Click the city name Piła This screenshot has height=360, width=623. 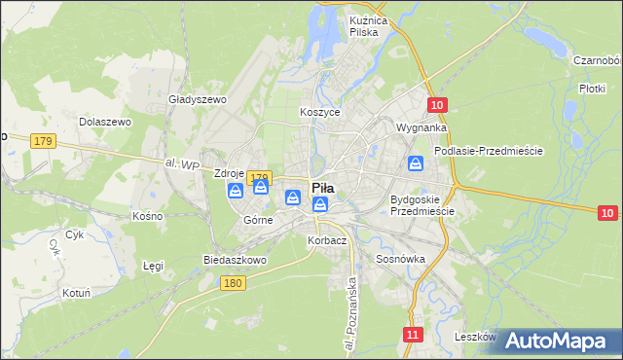click(x=322, y=187)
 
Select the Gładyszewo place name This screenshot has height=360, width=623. click(x=197, y=99)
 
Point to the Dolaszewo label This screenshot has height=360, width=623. click(x=105, y=122)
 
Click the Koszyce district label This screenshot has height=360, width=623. click(x=319, y=112)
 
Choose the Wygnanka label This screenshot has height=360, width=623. click(x=421, y=127)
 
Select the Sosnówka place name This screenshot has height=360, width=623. click(x=400, y=260)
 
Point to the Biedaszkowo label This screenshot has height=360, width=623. click(x=235, y=261)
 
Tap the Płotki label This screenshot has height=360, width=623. click(x=592, y=88)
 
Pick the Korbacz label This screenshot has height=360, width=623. click(x=327, y=239)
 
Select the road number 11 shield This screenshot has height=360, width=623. click(x=414, y=335)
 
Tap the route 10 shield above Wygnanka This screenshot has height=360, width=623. click(x=437, y=105)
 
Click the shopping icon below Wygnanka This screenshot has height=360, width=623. click(x=416, y=164)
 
